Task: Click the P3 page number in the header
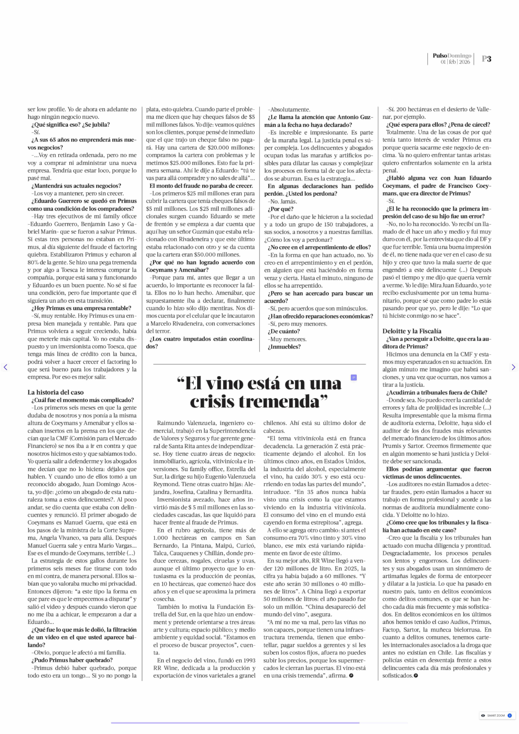point(486,59)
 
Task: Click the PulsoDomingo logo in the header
point(452,56)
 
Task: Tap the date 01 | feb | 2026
point(455,62)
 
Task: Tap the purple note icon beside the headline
point(353,378)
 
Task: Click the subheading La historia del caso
point(56,392)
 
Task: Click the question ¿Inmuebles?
point(284,347)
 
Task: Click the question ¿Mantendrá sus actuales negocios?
point(76,186)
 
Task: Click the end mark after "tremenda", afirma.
point(351,676)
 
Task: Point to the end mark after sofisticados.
point(416,676)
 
